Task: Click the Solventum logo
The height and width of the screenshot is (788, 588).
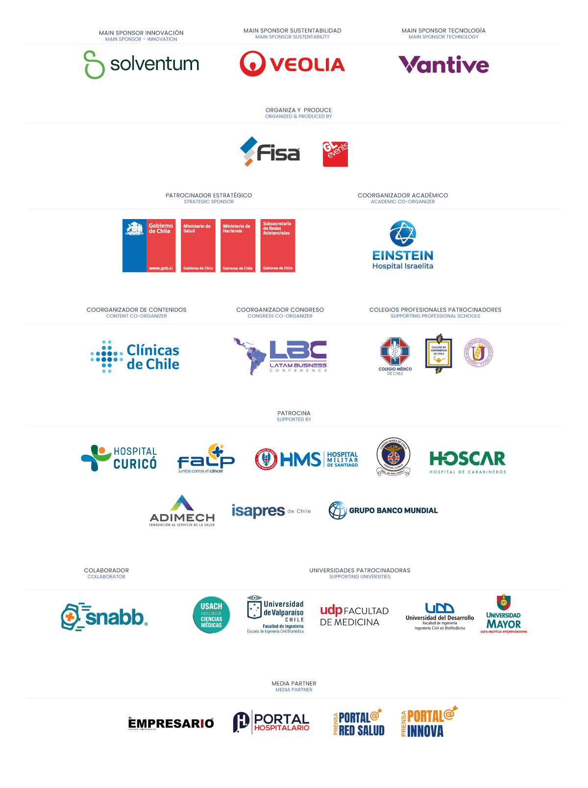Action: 141,64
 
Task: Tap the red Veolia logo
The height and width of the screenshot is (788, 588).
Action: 293,64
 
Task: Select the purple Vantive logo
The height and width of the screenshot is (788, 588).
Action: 444,65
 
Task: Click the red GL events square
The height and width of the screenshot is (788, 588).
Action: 335,154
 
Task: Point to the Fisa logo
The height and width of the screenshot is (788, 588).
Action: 270,152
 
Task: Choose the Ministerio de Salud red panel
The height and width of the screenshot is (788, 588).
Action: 198,246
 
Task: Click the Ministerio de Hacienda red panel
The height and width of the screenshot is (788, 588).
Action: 238,246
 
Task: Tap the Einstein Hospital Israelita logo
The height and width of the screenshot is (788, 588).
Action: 403,245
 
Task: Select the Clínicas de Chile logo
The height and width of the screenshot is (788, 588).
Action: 135,357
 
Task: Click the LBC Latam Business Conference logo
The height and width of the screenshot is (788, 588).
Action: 281,356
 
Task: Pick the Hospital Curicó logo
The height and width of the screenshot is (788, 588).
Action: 119,458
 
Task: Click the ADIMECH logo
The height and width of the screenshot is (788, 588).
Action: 182,511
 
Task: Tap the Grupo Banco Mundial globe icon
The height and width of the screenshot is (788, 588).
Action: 338,510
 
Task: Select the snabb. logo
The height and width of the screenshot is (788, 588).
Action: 104,616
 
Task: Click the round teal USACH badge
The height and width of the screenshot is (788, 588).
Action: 211,615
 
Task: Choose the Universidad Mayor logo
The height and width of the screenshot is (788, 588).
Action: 504,615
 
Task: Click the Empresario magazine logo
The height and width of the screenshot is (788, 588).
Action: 171,723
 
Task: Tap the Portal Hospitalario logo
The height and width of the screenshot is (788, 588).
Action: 271,722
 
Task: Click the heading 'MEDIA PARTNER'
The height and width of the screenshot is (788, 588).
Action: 294,683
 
